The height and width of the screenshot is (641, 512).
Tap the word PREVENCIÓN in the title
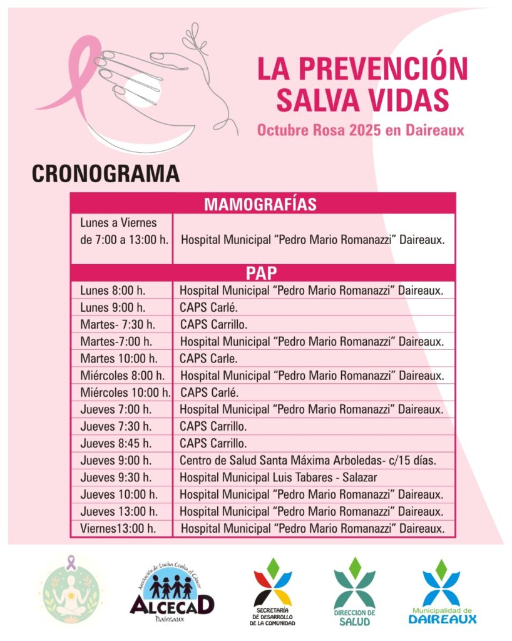tap(382, 68)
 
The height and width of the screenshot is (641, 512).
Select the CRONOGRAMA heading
tap(106, 173)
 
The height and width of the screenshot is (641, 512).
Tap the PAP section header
tap(262, 273)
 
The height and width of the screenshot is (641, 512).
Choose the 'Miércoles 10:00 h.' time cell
tap(125, 392)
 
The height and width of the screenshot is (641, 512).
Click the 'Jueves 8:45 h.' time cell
tap(116, 444)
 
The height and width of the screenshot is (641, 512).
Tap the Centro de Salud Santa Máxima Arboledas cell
tap(309, 461)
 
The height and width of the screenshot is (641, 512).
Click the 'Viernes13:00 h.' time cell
tap(118, 528)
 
